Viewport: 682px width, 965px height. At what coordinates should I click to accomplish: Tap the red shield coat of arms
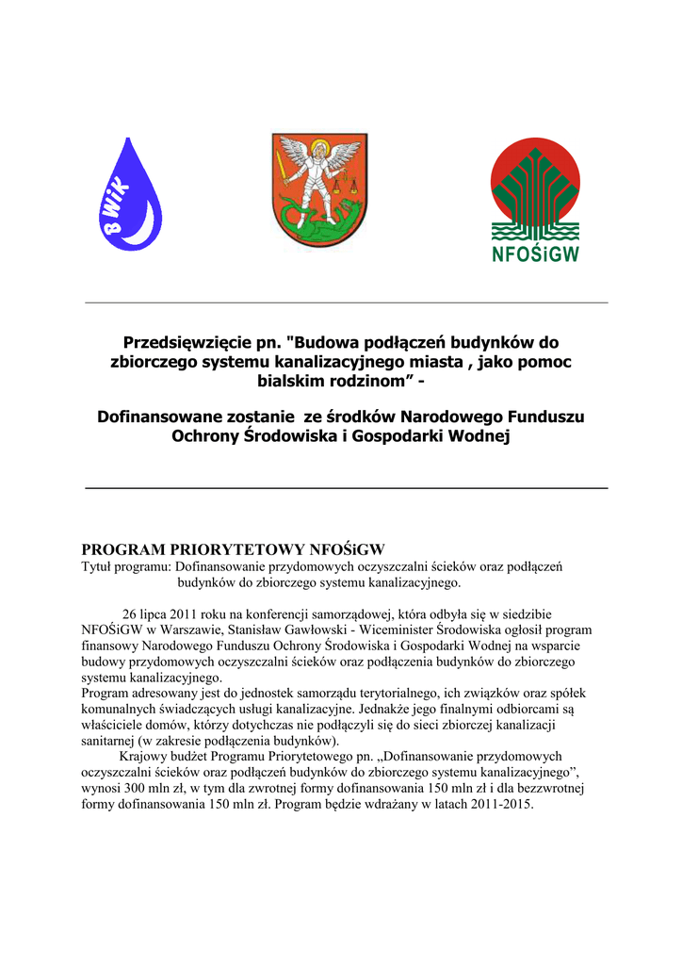coord(319,196)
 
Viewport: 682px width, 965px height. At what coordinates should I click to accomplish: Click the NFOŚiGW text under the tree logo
coord(535,254)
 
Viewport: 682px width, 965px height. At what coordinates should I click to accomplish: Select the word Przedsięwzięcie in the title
coord(183,342)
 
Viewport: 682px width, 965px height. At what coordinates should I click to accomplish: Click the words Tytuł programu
coord(122,567)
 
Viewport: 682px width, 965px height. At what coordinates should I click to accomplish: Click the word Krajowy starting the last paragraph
coord(142,756)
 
